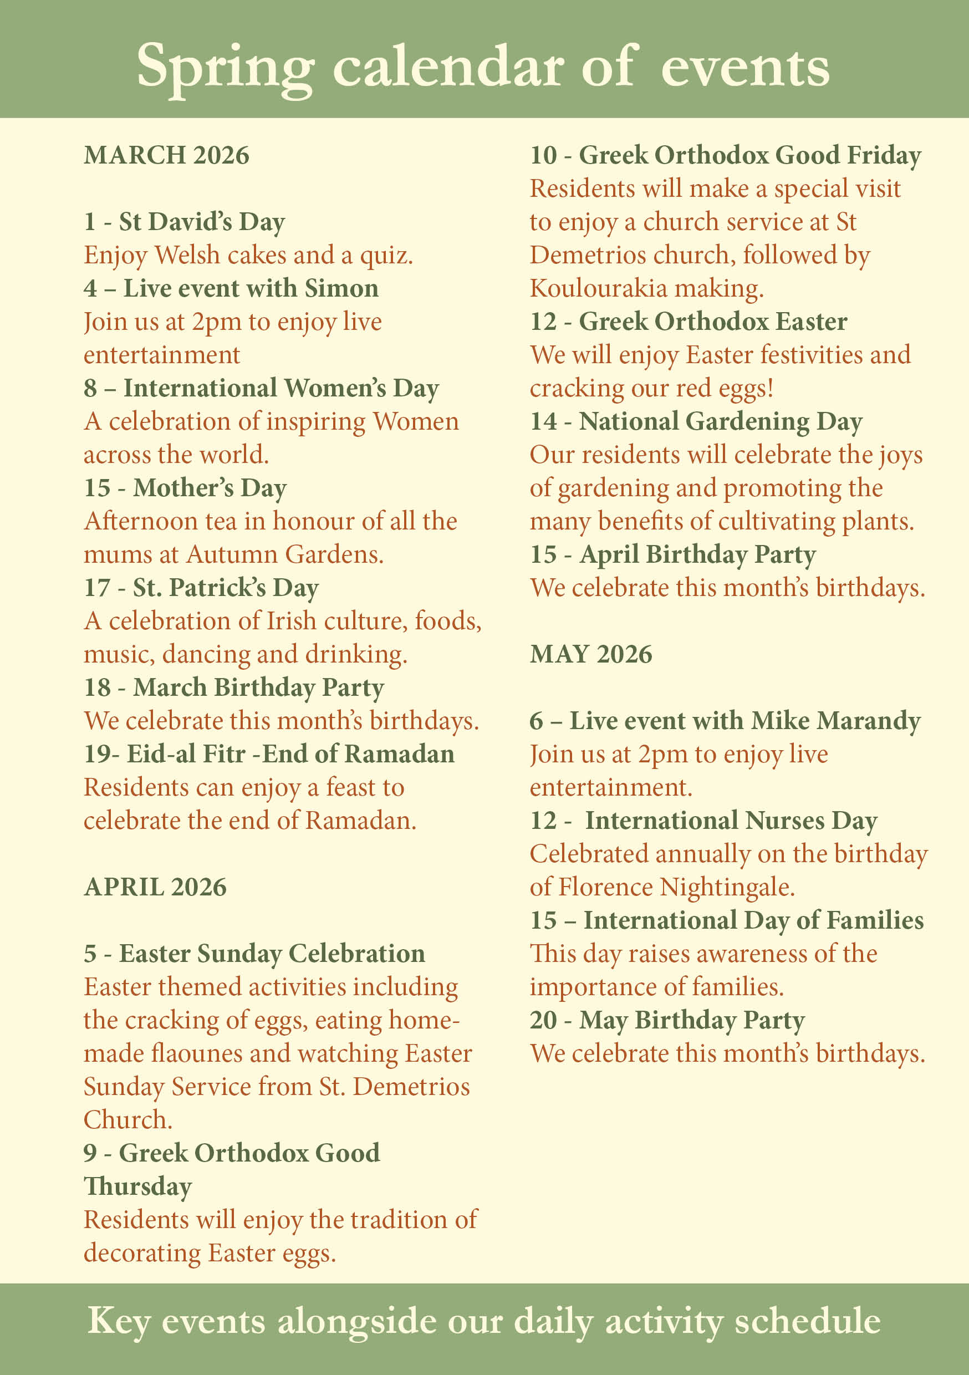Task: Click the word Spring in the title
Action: pos(225,68)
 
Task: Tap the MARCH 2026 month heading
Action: pos(166,156)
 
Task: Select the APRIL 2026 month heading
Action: pos(155,888)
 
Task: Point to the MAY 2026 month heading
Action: pos(590,655)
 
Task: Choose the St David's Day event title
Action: pos(185,222)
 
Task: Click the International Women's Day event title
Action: pos(261,389)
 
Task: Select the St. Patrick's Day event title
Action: pos(201,588)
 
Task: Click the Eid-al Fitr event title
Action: pos(269,755)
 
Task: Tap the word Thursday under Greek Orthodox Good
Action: pos(137,1186)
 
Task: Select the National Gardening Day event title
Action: pos(696,421)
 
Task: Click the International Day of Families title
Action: pos(726,920)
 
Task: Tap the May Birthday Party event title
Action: pos(667,1021)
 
